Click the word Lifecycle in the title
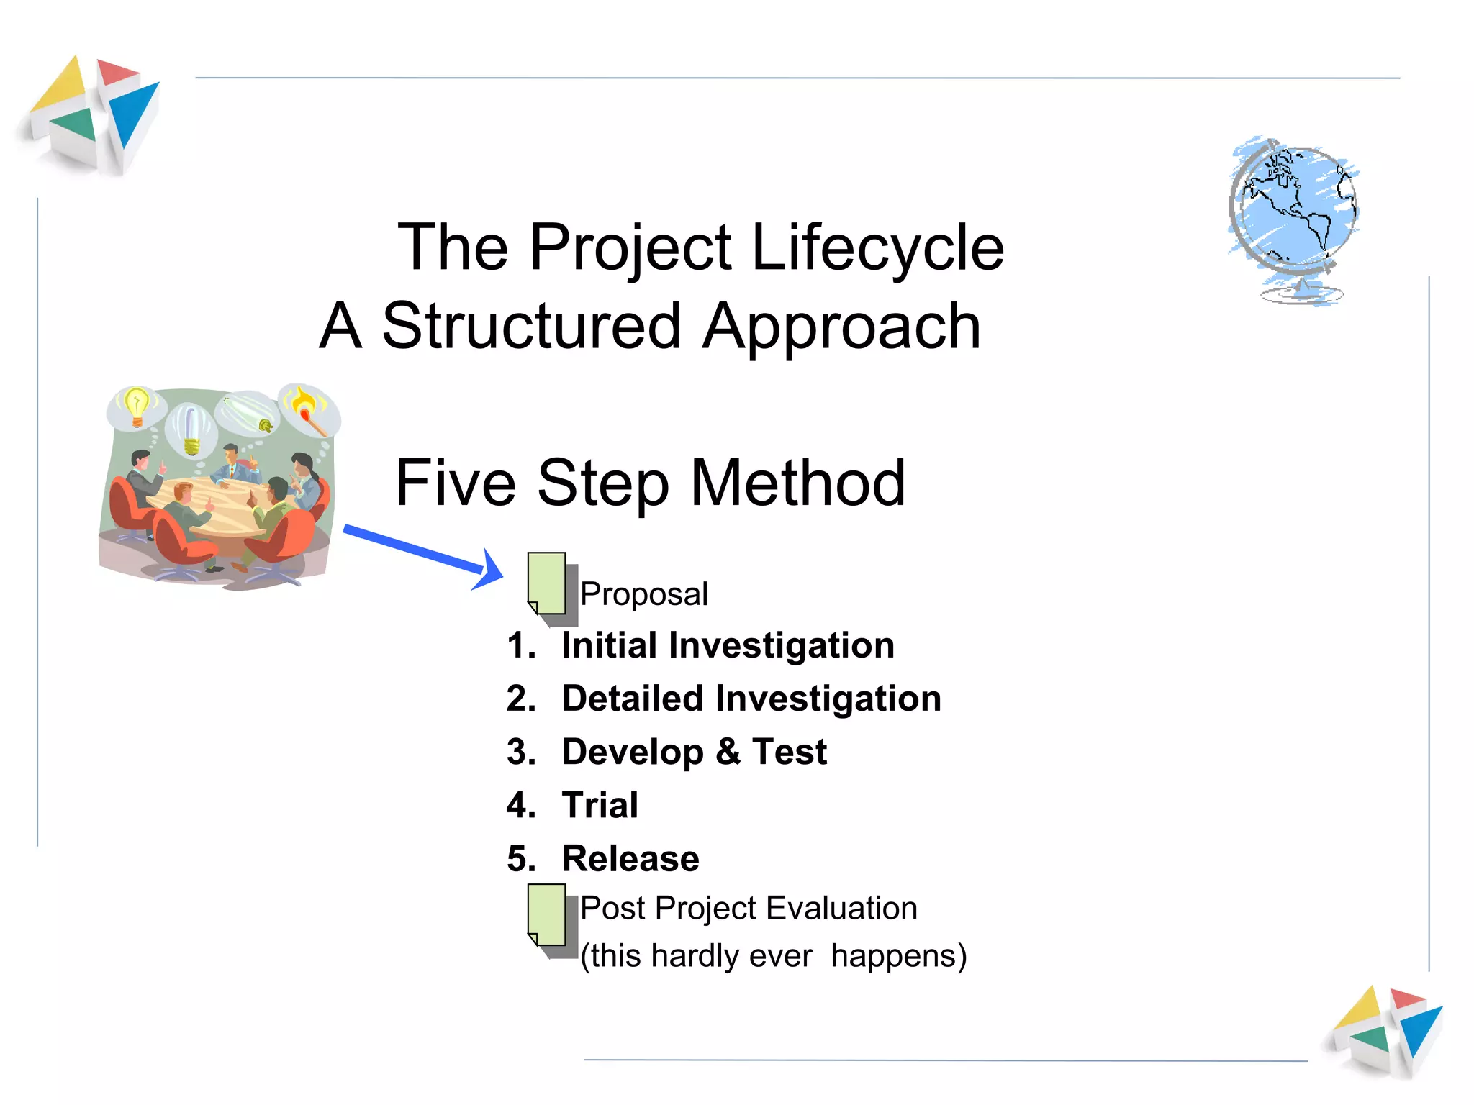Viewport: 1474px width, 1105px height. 877,248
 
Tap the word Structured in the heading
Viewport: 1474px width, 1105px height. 531,327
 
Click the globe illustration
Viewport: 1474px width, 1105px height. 1293,216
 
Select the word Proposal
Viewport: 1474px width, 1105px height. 644,595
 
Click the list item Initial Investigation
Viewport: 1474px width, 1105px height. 728,645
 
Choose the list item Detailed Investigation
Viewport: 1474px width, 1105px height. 751,699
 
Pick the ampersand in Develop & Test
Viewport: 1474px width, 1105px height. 728,752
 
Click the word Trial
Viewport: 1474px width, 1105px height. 600,805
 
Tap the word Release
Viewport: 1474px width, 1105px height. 630,859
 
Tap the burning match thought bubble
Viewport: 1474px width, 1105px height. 307,408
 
